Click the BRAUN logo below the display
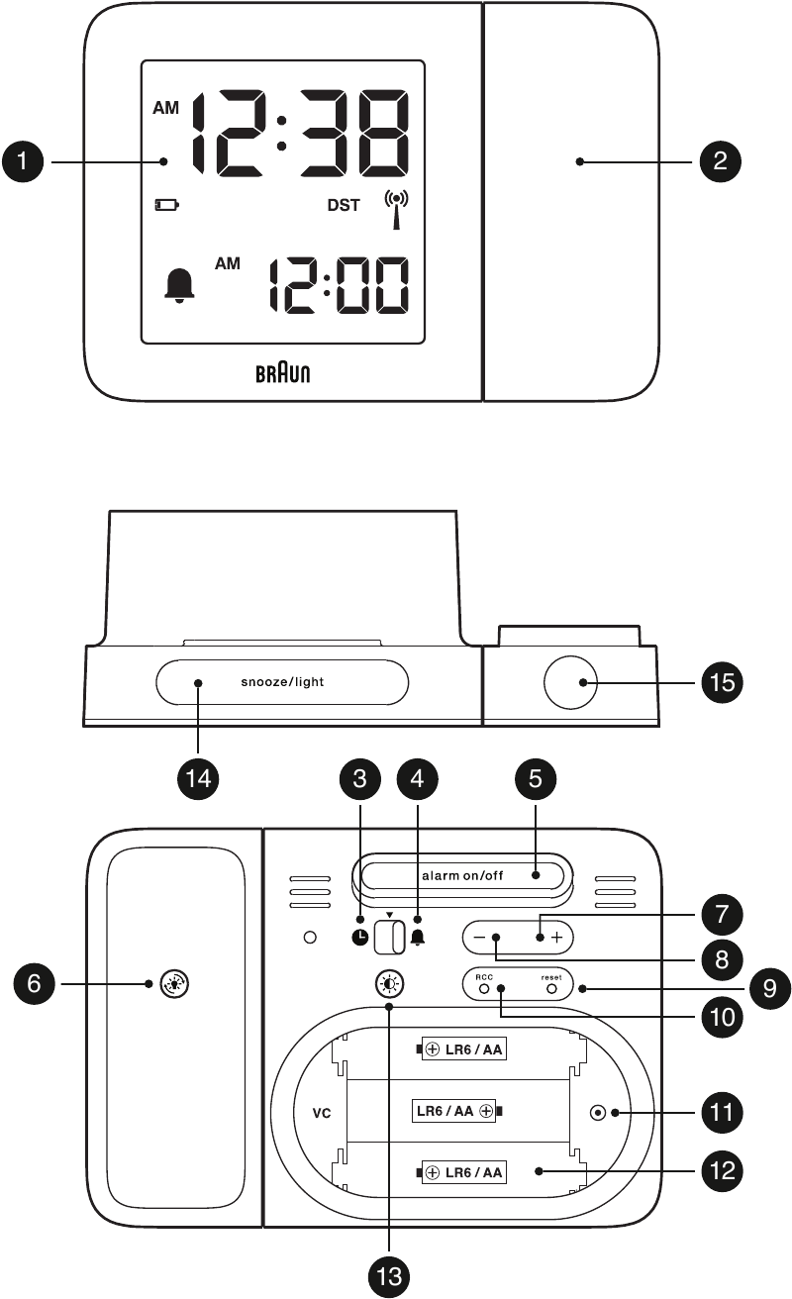tap(283, 373)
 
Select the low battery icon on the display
tap(166, 206)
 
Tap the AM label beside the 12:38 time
tap(165, 109)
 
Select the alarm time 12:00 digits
tap(340, 285)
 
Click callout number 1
tap(22, 161)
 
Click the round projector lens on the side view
tap(572, 682)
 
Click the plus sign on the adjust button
tap(556, 937)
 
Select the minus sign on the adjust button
tap(479, 937)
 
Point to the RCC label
tap(484, 976)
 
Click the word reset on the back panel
tap(551, 976)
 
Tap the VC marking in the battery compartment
tap(322, 1112)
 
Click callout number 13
tap(390, 1277)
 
